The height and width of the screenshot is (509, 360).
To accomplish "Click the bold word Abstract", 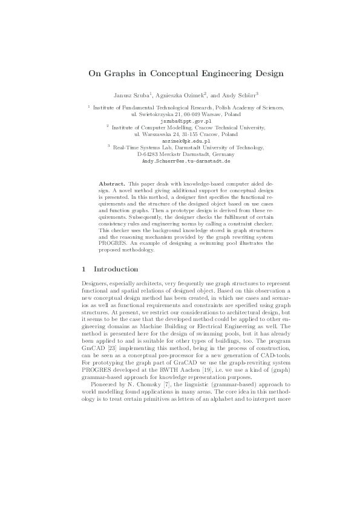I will point(111,183).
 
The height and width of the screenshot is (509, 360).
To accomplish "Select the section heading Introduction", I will point(116,269).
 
